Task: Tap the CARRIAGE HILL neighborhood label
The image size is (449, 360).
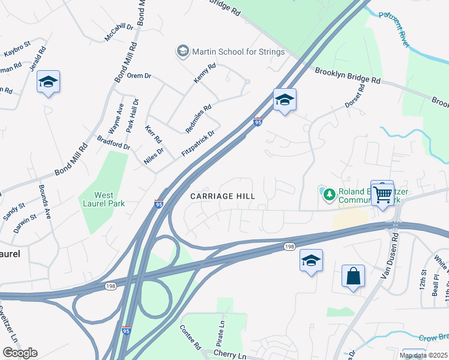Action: (222, 196)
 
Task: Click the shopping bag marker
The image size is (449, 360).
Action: (353, 277)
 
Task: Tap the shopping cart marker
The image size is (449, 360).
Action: (382, 193)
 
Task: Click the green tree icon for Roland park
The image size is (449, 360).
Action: (328, 193)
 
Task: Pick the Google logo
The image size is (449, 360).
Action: (20, 352)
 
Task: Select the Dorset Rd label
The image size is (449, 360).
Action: (355, 96)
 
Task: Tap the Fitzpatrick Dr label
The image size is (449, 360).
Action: (198, 144)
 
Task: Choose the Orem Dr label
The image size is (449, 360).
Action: (139, 76)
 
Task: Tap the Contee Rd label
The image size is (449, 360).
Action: (190, 338)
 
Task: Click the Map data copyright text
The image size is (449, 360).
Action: (423, 355)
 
